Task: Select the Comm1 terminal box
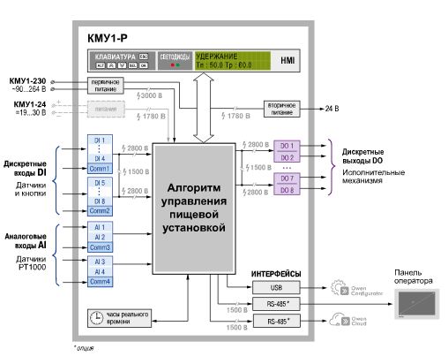click(99, 168)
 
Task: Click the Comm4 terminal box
click(99, 281)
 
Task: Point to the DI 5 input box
click(99, 182)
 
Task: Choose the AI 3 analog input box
click(99, 262)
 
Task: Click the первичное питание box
click(103, 86)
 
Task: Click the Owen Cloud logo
click(345, 322)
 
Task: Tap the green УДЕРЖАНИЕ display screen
click(228, 60)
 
